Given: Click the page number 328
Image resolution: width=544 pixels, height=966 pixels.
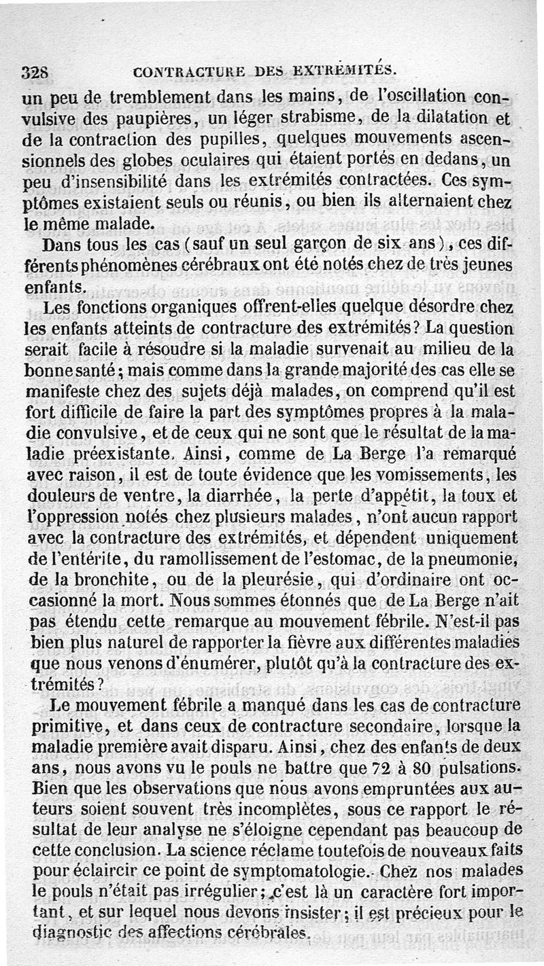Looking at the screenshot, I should pos(33,71).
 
